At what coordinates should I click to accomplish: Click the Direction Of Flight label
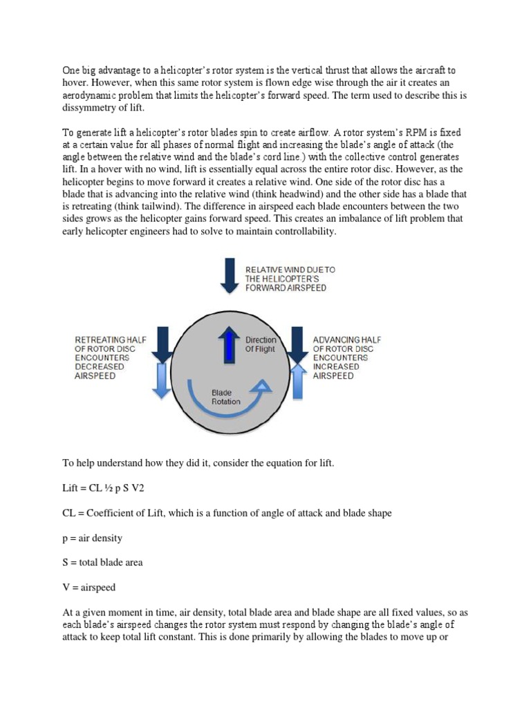tap(261, 344)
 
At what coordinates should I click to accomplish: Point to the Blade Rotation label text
tap(226, 396)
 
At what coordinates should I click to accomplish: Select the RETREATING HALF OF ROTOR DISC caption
tap(109, 357)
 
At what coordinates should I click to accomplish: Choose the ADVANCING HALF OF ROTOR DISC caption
tap(346, 357)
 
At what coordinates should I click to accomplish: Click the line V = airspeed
tap(88, 587)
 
